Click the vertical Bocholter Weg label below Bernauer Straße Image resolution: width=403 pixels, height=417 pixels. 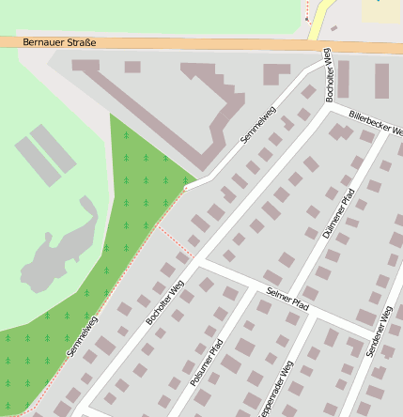(x=329, y=76)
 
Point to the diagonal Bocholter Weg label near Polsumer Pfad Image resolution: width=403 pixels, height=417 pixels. (x=165, y=301)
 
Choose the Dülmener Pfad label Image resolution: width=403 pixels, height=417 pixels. (x=339, y=213)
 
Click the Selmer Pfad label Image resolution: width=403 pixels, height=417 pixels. (x=287, y=298)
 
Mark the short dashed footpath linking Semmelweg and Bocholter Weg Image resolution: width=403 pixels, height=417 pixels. (x=175, y=240)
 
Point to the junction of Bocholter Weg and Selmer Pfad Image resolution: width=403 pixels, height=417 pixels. (x=200, y=263)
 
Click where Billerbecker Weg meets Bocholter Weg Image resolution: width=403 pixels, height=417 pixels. (x=326, y=106)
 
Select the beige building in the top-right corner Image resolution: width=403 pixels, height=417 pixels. (x=382, y=8)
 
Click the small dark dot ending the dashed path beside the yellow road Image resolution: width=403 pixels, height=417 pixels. (x=306, y=18)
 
